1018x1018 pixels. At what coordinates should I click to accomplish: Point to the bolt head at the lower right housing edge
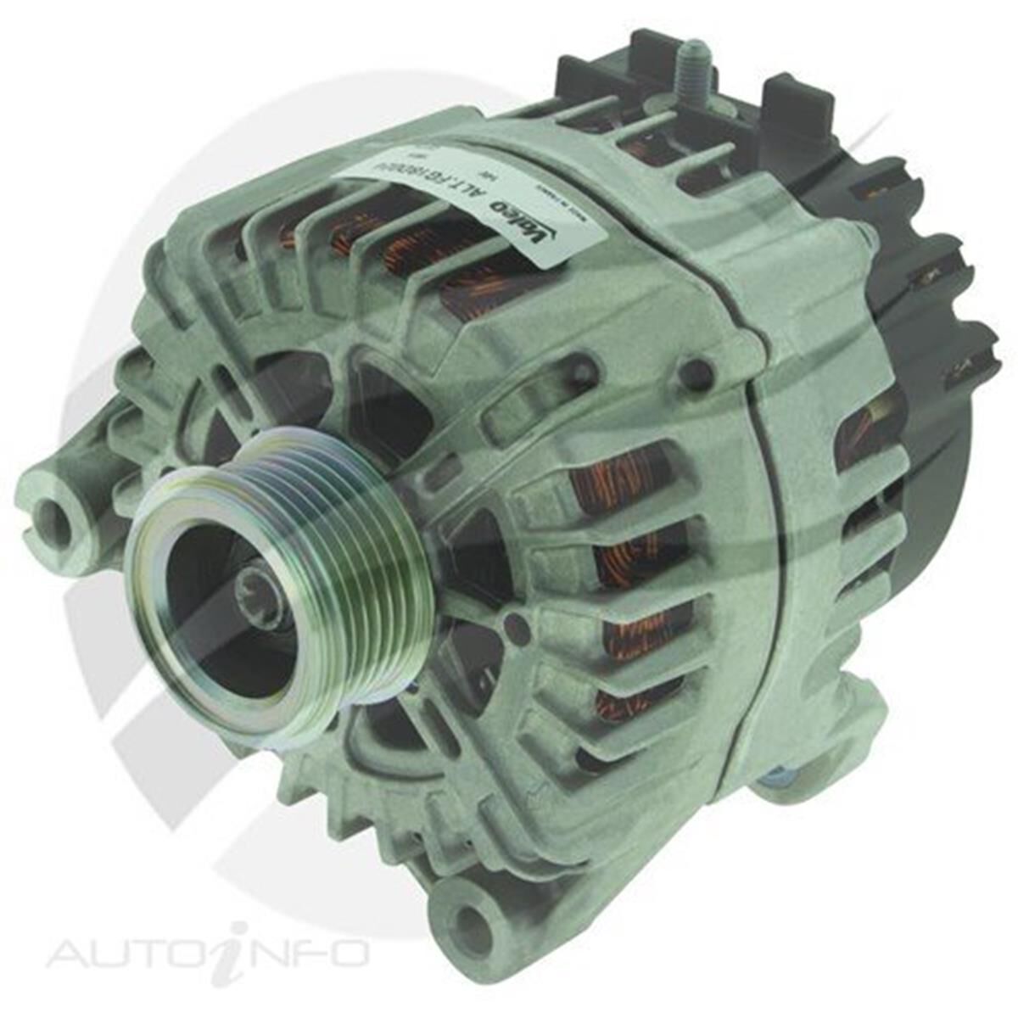(x=776, y=777)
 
